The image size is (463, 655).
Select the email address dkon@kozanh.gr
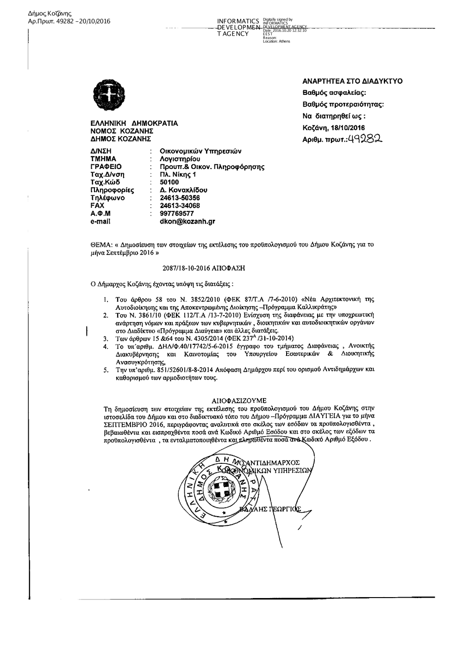pos(187,222)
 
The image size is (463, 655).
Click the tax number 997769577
pos(176,214)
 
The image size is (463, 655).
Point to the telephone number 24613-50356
pos(180,198)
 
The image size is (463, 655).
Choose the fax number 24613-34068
pos(180,206)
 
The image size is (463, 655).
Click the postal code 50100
pos(169,182)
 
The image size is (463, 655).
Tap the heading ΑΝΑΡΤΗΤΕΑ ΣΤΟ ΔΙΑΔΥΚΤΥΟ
pos(352,81)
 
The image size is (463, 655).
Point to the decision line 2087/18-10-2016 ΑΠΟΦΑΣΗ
pos(203,268)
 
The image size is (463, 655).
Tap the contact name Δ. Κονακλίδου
pos(183,190)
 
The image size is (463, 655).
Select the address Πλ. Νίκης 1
pos(178,175)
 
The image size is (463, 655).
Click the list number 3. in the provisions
pos(106,338)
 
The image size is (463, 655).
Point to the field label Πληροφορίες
pos(112,190)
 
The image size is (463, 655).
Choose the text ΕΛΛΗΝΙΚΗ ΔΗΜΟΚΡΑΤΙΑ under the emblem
pos(134,124)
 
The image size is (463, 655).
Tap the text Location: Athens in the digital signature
pos(276,42)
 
